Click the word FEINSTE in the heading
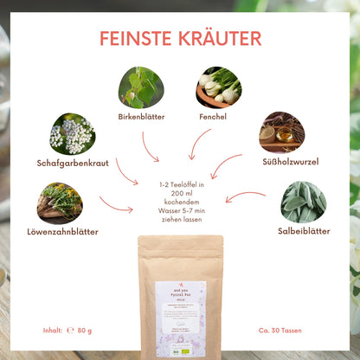136,38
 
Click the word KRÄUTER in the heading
216,38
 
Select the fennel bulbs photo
218,87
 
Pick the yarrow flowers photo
73,133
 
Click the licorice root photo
281,132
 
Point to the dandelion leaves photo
60,201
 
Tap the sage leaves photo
303,202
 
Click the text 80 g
84,330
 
